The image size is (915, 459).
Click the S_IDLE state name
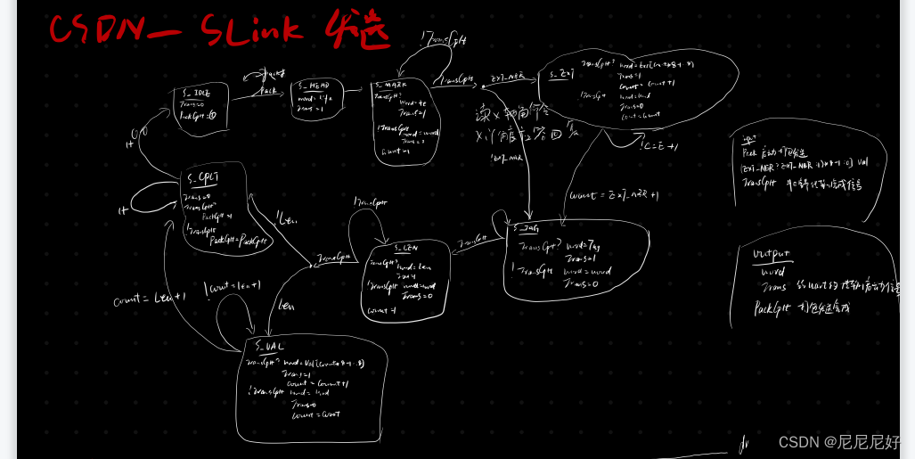[x=195, y=92]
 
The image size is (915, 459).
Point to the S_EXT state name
[x=560, y=74]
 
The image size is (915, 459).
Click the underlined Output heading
[x=772, y=253]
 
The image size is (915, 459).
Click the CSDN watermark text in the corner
[x=837, y=442]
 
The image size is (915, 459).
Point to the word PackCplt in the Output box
[x=776, y=308]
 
